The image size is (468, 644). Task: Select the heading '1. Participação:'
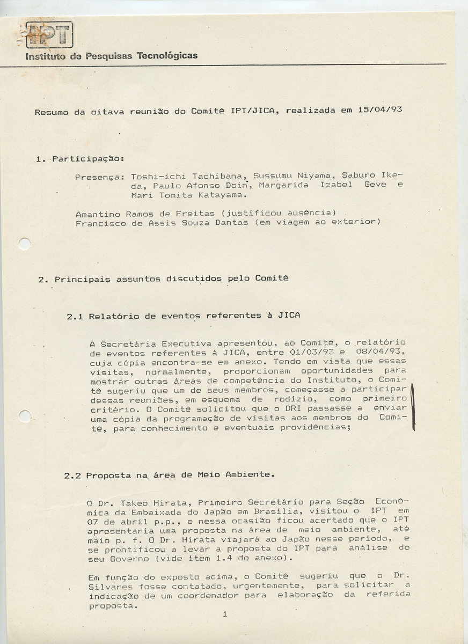point(81,159)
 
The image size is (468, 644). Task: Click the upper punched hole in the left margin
point(25,244)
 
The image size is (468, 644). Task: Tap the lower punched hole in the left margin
point(25,416)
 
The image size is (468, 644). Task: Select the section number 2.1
point(75,317)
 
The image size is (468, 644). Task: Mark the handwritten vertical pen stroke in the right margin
point(413,407)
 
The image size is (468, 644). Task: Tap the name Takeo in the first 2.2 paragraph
point(133,503)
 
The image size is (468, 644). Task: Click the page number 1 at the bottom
point(225,614)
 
